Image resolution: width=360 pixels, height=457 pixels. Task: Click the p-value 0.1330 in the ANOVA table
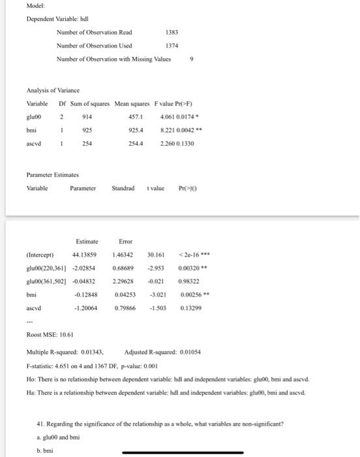point(188,144)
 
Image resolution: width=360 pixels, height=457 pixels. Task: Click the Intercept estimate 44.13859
point(85,255)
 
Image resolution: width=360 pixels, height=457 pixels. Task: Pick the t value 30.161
point(156,255)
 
